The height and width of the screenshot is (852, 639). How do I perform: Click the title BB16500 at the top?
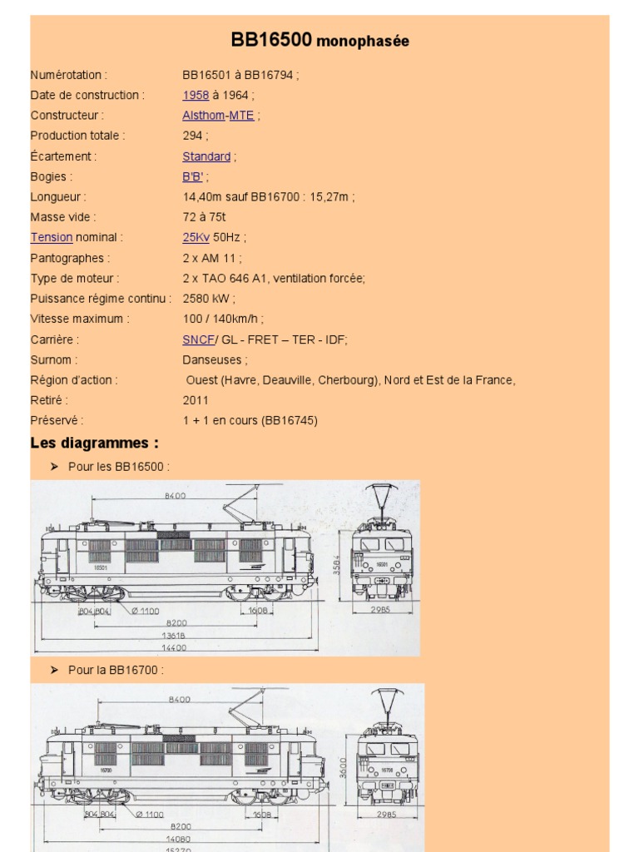pos(272,40)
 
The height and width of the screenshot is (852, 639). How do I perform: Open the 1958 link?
pos(196,95)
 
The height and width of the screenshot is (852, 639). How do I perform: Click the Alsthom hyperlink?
pos(203,116)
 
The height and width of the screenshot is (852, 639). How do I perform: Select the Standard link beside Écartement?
pos(206,156)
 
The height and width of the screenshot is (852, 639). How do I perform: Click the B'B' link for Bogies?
pos(193,176)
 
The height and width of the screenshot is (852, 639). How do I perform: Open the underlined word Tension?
pos(52,237)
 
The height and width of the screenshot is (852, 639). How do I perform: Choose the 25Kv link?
pos(196,237)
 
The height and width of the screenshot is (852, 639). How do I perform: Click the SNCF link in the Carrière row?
pos(198,339)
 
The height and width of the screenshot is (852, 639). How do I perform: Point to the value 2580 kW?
pos(208,299)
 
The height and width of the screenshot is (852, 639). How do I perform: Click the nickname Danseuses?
pos(214,360)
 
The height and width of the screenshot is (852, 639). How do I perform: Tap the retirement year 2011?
pos(196,400)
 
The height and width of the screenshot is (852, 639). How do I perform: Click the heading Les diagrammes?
pos(94,442)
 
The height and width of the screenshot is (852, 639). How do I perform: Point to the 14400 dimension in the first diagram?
pos(173,647)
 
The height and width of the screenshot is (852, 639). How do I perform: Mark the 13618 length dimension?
pos(173,634)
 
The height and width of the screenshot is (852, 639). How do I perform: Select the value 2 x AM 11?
pos(211,258)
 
